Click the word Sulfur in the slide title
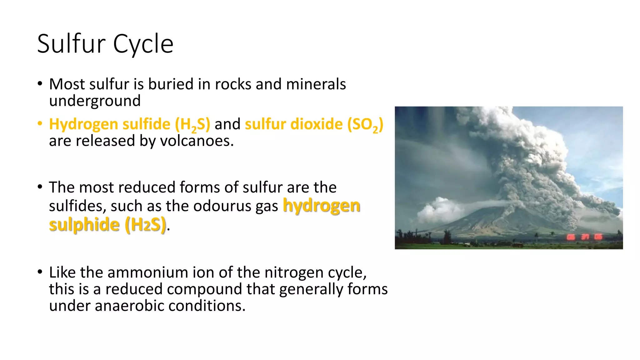coord(71,44)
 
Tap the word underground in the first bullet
coord(95,101)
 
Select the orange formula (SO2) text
coord(365,125)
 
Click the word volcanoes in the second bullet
coord(197,141)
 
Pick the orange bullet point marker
coord(40,124)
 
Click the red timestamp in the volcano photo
coord(585,237)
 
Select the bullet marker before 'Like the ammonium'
coord(40,272)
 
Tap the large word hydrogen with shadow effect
coord(321,206)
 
